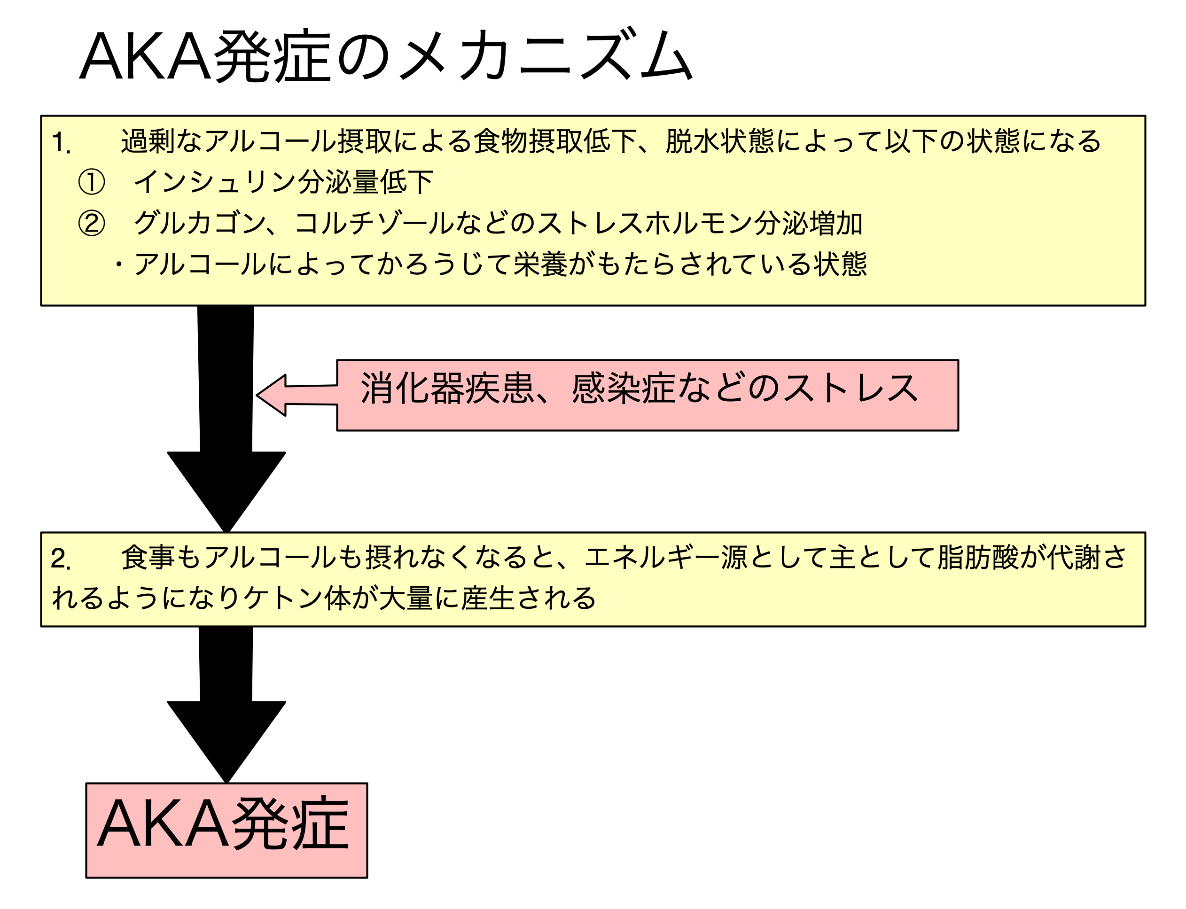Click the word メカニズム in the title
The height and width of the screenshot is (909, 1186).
click(x=547, y=56)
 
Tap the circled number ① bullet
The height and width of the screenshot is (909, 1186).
click(x=92, y=182)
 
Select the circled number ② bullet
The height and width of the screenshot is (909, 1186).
click(x=92, y=223)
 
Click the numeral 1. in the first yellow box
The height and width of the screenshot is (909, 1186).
click(x=61, y=142)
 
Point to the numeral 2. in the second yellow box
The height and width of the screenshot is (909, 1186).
click(x=61, y=559)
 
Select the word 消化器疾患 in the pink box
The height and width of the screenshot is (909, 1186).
click(x=447, y=388)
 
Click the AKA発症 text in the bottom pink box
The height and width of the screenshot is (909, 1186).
click(x=223, y=823)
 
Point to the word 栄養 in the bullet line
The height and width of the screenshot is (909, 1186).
click(x=540, y=264)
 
